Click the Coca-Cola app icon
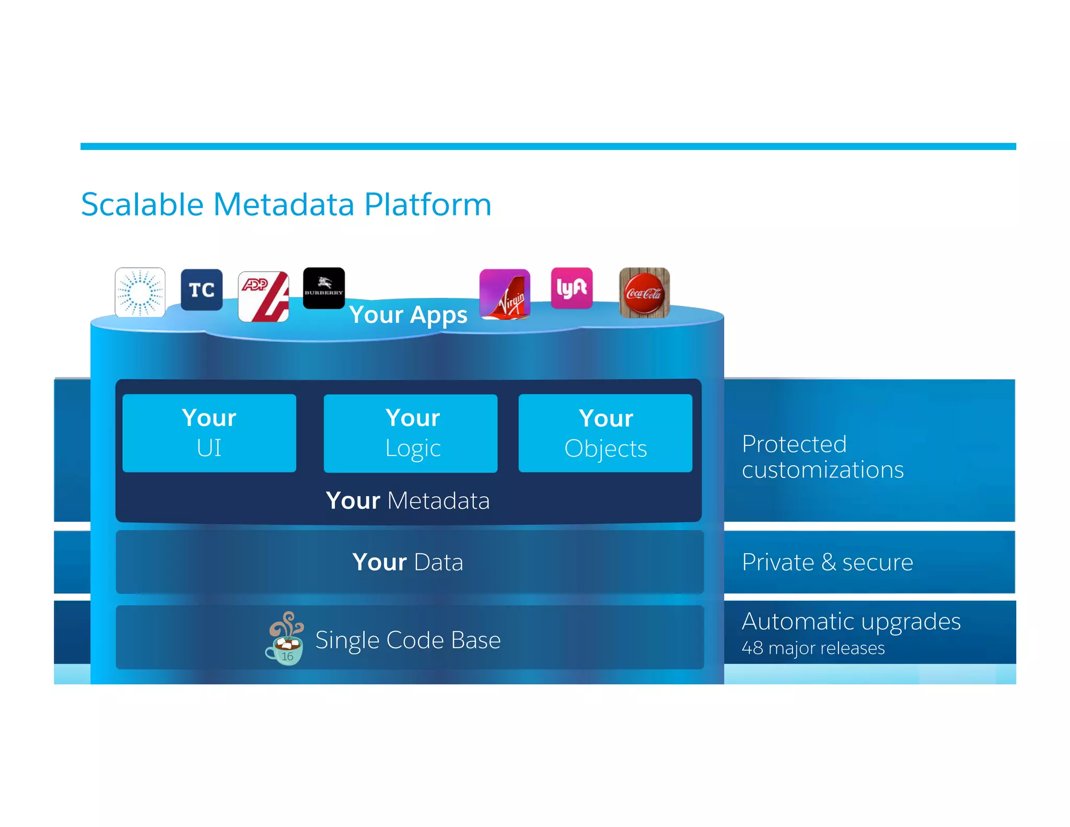pyautogui.click(x=644, y=293)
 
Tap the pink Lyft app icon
pyautogui.click(x=572, y=288)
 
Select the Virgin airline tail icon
pyautogui.click(x=505, y=294)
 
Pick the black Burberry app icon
pyautogui.click(x=324, y=288)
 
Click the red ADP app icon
pyautogui.click(x=263, y=296)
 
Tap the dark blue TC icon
pyautogui.click(x=202, y=290)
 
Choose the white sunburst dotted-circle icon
pyautogui.click(x=140, y=293)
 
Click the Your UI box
pyautogui.click(x=209, y=433)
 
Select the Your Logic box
pyautogui.click(x=411, y=433)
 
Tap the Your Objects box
pyautogui.click(x=606, y=433)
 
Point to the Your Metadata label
pyautogui.click(x=408, y=501)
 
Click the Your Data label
pyautogui.click(x=408, y=562)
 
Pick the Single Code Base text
pyautogui.click(x=408, y=640)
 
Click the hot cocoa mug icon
pyautogui.click(x=285, y=639)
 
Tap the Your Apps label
pyautogui.click(x=408, y=315)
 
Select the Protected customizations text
pyautogui.click(x=822, y=457)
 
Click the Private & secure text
pyautogui.click(x=827, y=562)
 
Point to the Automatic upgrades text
pyautogui.click(x=851, y=622)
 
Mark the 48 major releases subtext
pyautogui.click(x=813, y=648)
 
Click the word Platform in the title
pyautogui.click(x=428, y=204)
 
